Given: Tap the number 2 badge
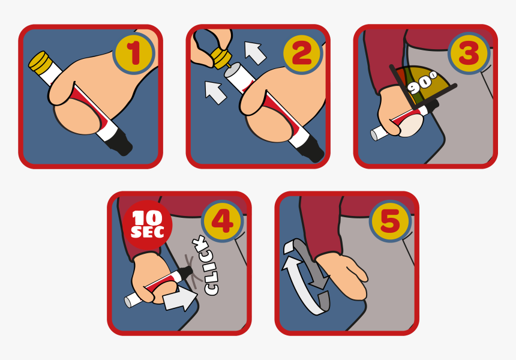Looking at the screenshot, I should click(x=302, y=53).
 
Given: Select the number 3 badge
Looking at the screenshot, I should click(x=469, y=53).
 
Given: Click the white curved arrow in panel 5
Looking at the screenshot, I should click(x=300, y=288).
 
